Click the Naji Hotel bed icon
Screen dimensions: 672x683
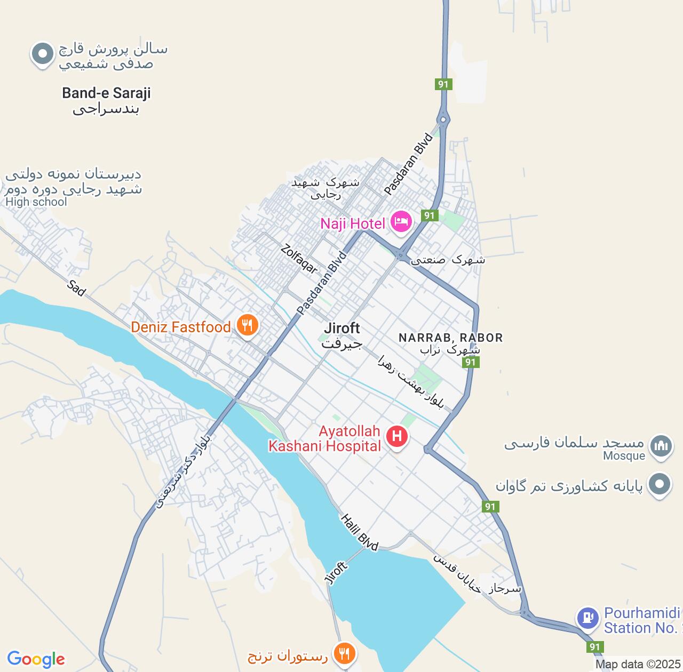401,221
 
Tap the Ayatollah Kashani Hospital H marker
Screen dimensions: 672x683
396,436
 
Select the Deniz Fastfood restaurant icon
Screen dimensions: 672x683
247,325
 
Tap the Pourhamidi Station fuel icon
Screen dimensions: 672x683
587,618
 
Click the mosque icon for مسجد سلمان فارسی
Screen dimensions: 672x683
661,445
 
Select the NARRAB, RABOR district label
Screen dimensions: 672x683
450,338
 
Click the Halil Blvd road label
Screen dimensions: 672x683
359,532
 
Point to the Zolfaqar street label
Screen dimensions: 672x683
299,258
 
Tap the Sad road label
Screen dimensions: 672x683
77,288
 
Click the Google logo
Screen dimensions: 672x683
36,659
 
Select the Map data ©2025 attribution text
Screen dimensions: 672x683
638,665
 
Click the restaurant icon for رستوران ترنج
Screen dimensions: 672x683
345,653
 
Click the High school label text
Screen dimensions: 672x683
36,202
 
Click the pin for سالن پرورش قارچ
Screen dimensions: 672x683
42,53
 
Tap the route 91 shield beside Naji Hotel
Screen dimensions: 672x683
430,215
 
